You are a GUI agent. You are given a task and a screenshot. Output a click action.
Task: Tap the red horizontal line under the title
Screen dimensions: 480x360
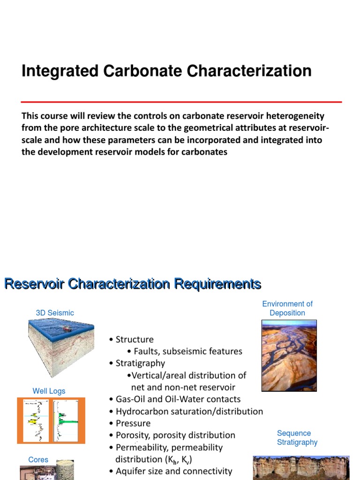(181, 102)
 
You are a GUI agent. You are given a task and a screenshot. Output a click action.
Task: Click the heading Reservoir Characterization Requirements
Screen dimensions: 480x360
(133, 284)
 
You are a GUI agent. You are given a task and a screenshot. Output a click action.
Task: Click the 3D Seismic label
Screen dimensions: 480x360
(55, 313)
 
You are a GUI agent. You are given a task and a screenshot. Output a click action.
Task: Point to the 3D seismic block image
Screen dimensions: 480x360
(61, 347)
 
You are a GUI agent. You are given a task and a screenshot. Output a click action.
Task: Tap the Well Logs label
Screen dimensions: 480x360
(49, 391)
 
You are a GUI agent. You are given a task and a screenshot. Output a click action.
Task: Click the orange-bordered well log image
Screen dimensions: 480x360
(51, 420)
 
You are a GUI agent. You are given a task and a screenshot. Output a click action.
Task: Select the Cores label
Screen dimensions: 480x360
(38, 460)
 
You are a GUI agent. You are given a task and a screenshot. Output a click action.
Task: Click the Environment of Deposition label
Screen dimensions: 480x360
(287, 308)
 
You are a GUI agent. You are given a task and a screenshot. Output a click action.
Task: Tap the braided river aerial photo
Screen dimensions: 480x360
(289, 356)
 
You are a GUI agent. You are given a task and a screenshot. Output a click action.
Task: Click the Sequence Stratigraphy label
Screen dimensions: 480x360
(297, 438)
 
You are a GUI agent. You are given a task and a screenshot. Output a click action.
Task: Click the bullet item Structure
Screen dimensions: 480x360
(135, 339)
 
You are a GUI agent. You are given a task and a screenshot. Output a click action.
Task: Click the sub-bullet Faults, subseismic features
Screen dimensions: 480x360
(187, 351)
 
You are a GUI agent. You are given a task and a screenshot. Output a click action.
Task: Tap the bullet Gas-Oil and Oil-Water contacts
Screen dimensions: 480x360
(178, 399)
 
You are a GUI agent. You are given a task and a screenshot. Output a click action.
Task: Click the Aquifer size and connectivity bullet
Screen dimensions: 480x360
(174, 471)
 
